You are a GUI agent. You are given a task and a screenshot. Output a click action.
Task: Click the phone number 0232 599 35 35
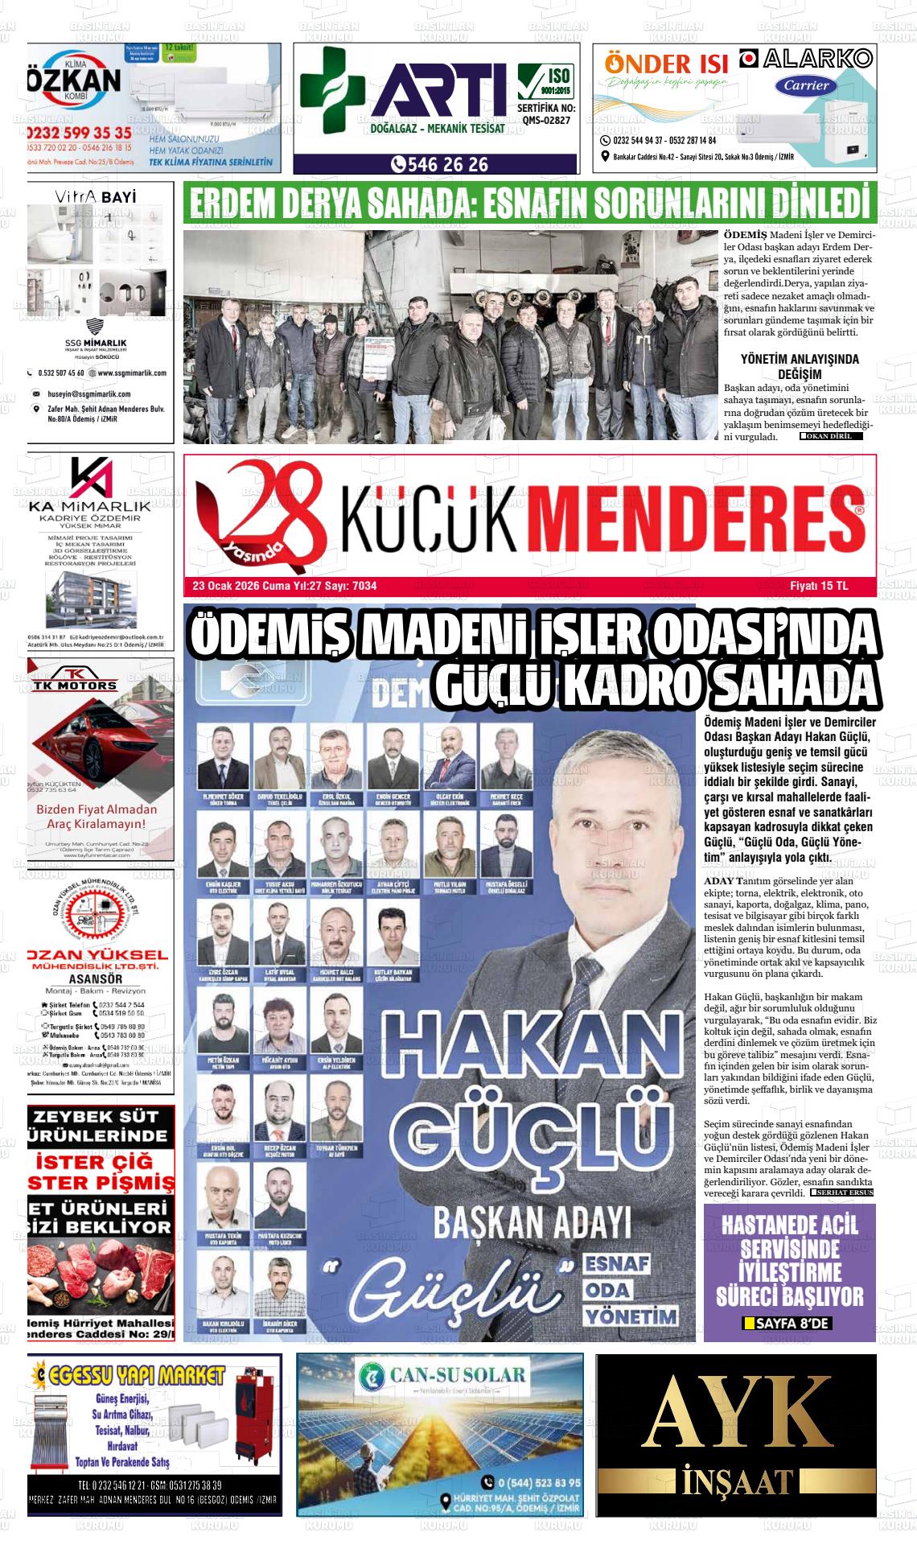pyautogui.click(x=79, y=133)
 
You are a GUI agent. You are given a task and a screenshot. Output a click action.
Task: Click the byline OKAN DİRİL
pyautogui.click(x=830, y=436)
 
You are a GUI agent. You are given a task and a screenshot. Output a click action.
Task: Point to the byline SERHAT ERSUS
pyautogui.click(x=842, y=1192)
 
